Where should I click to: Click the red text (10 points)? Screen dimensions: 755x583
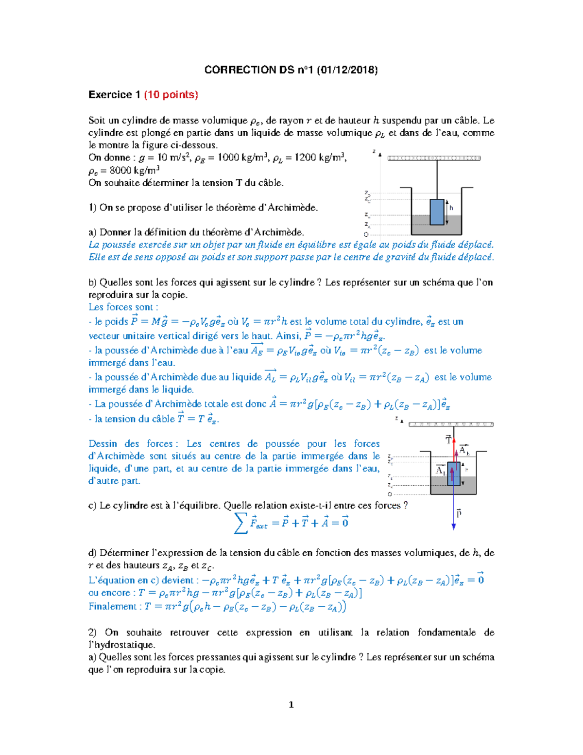point(171,95)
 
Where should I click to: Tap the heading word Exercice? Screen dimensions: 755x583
point(110,95)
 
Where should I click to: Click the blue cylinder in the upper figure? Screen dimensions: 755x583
point(437,211)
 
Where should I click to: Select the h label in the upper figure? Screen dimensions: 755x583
point(451,208)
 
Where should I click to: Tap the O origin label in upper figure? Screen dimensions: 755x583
point(366,234)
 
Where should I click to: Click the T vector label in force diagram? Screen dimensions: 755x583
point(448,440)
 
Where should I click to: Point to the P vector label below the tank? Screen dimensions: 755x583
point(459,513)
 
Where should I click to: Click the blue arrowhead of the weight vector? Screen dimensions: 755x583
point(454,526)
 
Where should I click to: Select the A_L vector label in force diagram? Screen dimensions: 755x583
point(441,470)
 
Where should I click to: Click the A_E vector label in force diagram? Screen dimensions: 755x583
point(464,450)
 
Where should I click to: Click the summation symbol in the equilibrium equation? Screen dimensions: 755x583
point(240,523)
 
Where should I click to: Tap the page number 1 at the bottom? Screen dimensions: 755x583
point(291,704)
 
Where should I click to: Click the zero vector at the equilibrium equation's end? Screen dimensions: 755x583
point(344,522)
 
